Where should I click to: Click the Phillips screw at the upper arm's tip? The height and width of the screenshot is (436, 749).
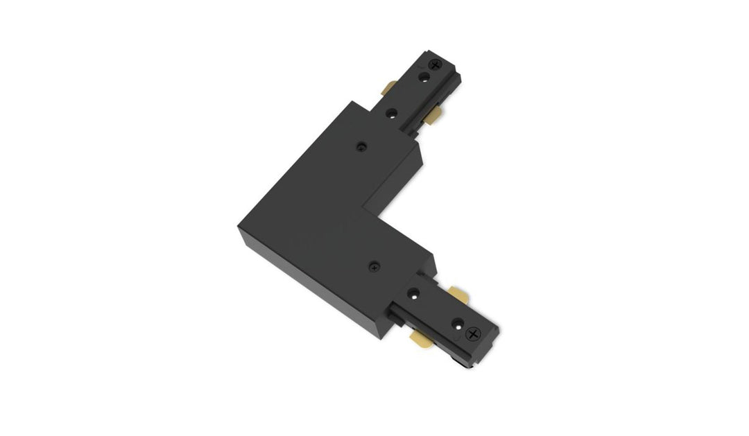pyautogui.click(x=436, y=64)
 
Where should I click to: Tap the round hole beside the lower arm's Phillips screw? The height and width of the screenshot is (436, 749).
pyautogui.click(x=457, y=322)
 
